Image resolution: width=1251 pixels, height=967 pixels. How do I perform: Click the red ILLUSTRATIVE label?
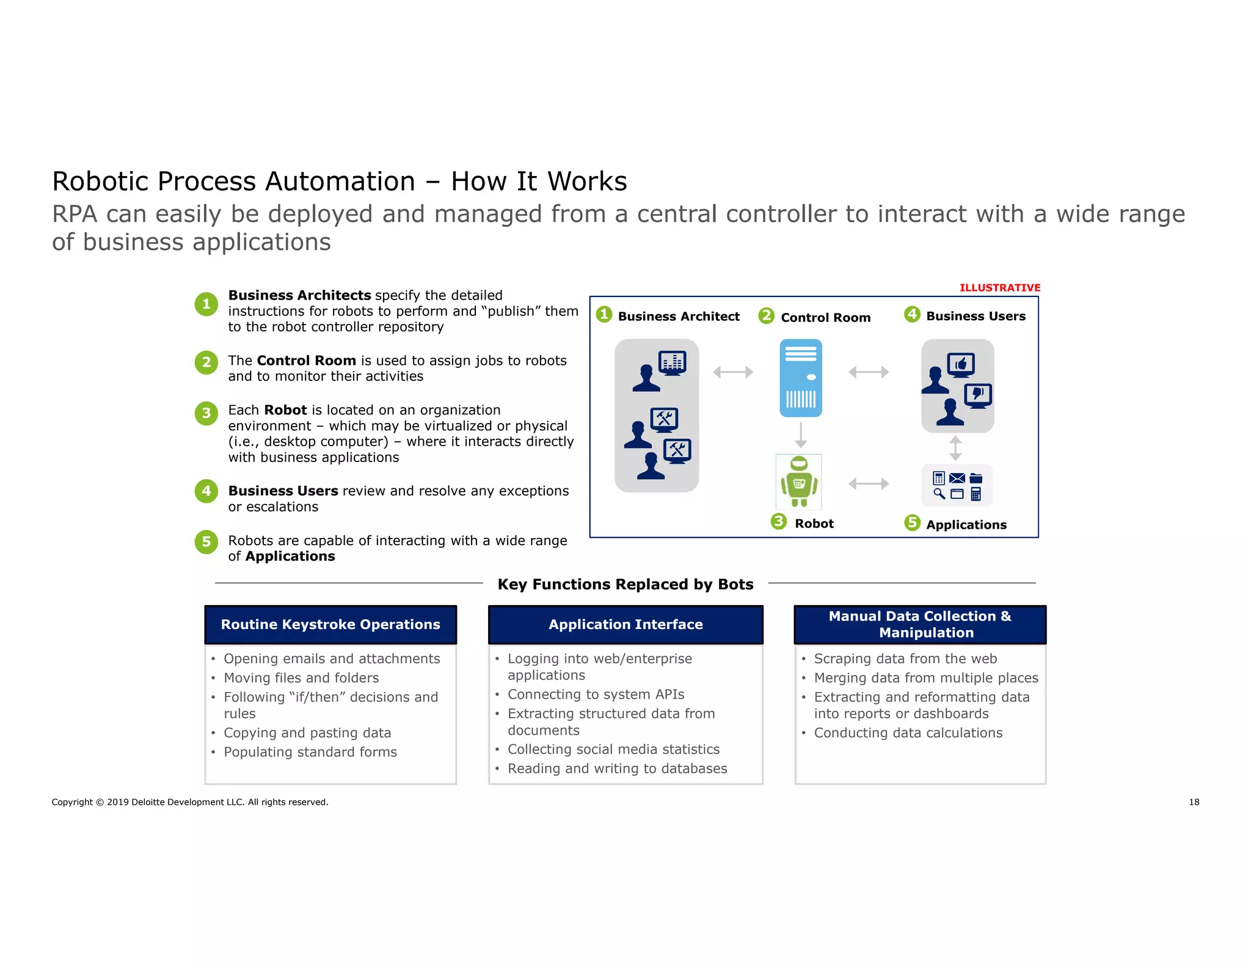click(999, 288)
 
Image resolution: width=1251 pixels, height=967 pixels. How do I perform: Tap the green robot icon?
click(798, 482)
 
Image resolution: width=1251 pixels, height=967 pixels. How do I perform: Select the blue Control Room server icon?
click(801, 378)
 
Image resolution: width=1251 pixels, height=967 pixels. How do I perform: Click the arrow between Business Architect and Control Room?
click(733, 372)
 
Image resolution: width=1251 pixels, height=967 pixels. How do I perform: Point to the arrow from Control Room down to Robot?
click(801, 435)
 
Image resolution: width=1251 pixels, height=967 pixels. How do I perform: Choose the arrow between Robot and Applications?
click(868, 484)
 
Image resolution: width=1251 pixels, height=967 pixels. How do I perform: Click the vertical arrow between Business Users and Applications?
click(956, 448)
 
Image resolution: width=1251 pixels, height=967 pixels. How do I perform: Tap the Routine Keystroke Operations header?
click(330, 625)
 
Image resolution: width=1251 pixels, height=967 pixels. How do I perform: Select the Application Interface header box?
click(625, 625)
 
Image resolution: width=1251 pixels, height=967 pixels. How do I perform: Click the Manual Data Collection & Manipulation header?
click(920, 625)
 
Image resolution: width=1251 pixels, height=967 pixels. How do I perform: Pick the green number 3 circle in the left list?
click(206, 413)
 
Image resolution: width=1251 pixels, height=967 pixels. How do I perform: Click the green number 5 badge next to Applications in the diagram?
click(912, 523)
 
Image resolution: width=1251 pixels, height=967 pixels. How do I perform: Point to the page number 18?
click(1194, 802)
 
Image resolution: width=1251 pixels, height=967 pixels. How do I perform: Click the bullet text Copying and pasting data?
click(307, 733)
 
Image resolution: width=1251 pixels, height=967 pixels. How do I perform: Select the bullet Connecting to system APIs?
click(596, 694)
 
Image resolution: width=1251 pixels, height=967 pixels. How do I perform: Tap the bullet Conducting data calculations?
click(908, 733)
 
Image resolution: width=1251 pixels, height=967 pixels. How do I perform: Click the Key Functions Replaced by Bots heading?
click(625, 584)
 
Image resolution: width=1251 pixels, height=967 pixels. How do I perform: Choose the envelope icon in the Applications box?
click(957, 478)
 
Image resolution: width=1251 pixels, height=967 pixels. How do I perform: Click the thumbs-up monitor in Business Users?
click(961, 365)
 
